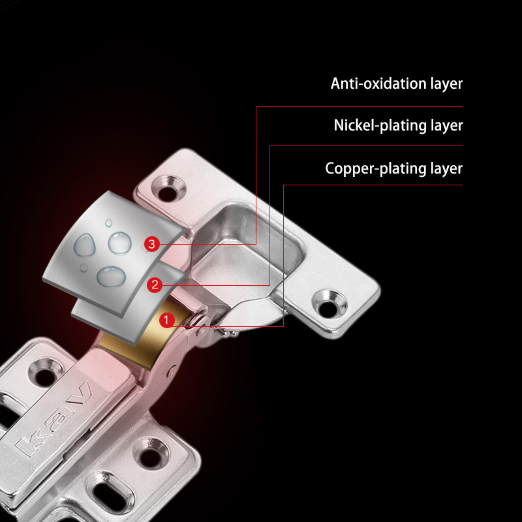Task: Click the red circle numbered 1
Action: click(167, 320)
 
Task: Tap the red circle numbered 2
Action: click(155, 285)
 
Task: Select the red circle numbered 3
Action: click(152, 244)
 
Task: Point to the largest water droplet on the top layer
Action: click(111, 276)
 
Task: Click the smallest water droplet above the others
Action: click(108, 223)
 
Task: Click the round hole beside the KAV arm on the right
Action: click(151, 454)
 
